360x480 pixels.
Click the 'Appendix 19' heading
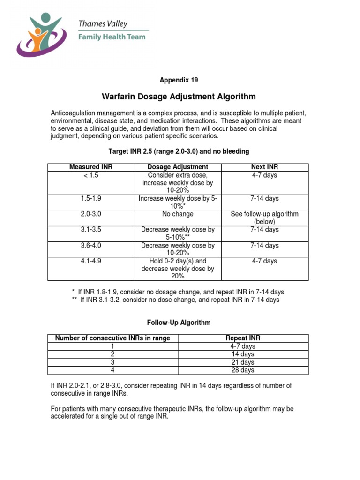click(179, 80)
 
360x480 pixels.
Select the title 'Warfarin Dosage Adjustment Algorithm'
click(179, 97)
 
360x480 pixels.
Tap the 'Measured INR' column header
click(91, 167)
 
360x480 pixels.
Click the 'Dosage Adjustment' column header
click(178, 167)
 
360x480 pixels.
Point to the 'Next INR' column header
click(265, 167)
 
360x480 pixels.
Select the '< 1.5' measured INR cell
click(91, 175)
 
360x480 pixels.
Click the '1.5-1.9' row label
click(91, 199)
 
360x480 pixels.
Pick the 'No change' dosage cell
click(178, 214)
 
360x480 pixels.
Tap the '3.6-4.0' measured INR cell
click(91, 246)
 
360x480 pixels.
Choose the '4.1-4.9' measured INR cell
click(91, 261)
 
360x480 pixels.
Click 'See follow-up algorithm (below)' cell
click(265, 218)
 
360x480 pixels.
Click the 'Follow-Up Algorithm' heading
click(179, 322)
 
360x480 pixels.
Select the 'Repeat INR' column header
click(243, 338)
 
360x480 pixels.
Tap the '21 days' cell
click(243, 362)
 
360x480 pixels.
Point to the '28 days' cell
click(243, 370)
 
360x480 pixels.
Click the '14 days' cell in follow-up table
click(243, 354)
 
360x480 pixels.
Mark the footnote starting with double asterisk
click(180, 300)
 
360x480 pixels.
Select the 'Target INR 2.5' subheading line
click(179, 151)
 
